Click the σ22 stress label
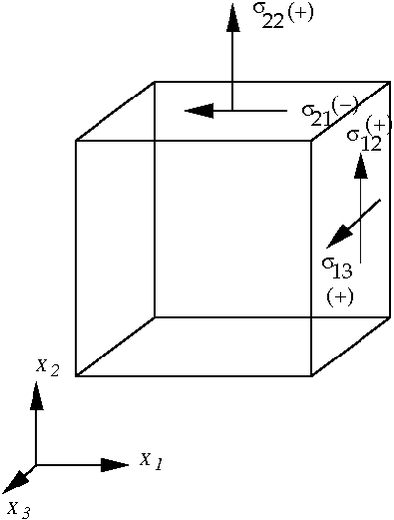268,16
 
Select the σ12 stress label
364,140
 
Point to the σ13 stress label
336,268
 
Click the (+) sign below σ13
340,297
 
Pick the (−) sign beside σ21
344,105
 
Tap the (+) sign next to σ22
299,13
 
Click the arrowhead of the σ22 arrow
232,18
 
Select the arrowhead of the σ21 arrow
198,110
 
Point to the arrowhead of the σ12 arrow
361,164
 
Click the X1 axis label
151,460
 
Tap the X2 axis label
47,367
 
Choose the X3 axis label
19,510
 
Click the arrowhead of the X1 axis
114,465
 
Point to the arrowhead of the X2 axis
36,395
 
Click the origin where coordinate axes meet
36,465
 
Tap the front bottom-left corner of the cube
76,376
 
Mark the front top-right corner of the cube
311,141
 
